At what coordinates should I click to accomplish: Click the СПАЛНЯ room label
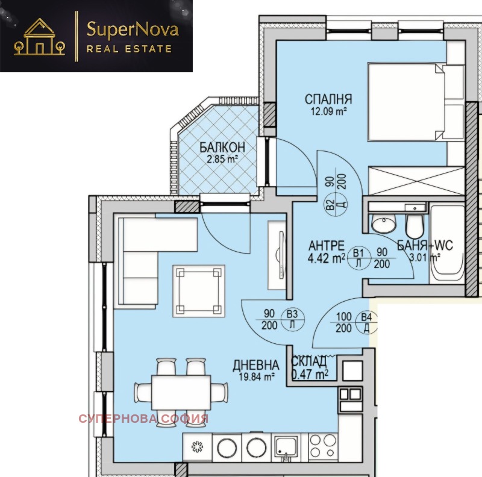pyautogui.click(x=328, y=99)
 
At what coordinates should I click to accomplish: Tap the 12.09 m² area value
pyautogui.click(x=328, y=111)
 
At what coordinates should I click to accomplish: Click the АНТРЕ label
pyautogui.click(x=326, y=246)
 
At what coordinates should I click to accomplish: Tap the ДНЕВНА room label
pyautogui.click(x=257, y=365)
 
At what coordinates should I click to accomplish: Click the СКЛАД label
pyautogui.click(x=309, y=361)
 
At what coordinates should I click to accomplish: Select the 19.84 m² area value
pyautogui.click(x=257, y=376)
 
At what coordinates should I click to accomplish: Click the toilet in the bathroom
pyautogui.click(x=415, y=223)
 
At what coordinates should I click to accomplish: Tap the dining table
pyautogui.click(x=181, y=391)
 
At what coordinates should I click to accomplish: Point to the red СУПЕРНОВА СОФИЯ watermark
pyautogui.click(x=143, y=418)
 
